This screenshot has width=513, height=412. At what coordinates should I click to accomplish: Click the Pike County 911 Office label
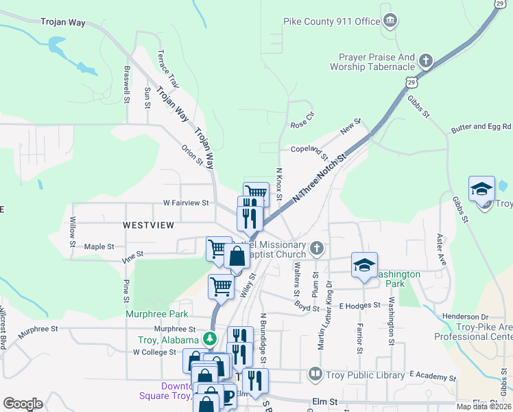click(x=331, y=21)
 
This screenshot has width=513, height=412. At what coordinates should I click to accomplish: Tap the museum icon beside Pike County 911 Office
click(x=390, y=21)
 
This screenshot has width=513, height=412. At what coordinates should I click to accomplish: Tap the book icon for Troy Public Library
click(x=315, y=374)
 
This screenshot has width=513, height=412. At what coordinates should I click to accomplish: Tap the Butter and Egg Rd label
click(x=481, y=128)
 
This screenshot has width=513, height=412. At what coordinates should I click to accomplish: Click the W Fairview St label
click(x=185, y=203)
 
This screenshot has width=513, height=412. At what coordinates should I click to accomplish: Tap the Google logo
click(x=23, y=404)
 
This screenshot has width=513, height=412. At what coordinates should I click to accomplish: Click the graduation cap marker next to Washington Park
click(x=364, y=266)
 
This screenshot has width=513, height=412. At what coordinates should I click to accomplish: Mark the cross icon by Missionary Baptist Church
click(x=316, y=247)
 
